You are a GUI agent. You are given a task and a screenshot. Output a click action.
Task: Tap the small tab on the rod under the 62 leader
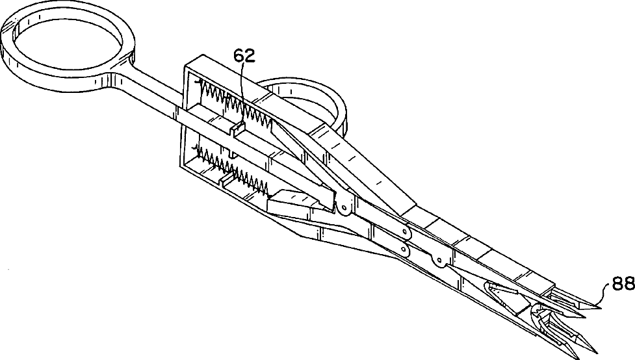click(236, 129)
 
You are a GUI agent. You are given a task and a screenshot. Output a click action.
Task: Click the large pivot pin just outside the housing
click(343, 207)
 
